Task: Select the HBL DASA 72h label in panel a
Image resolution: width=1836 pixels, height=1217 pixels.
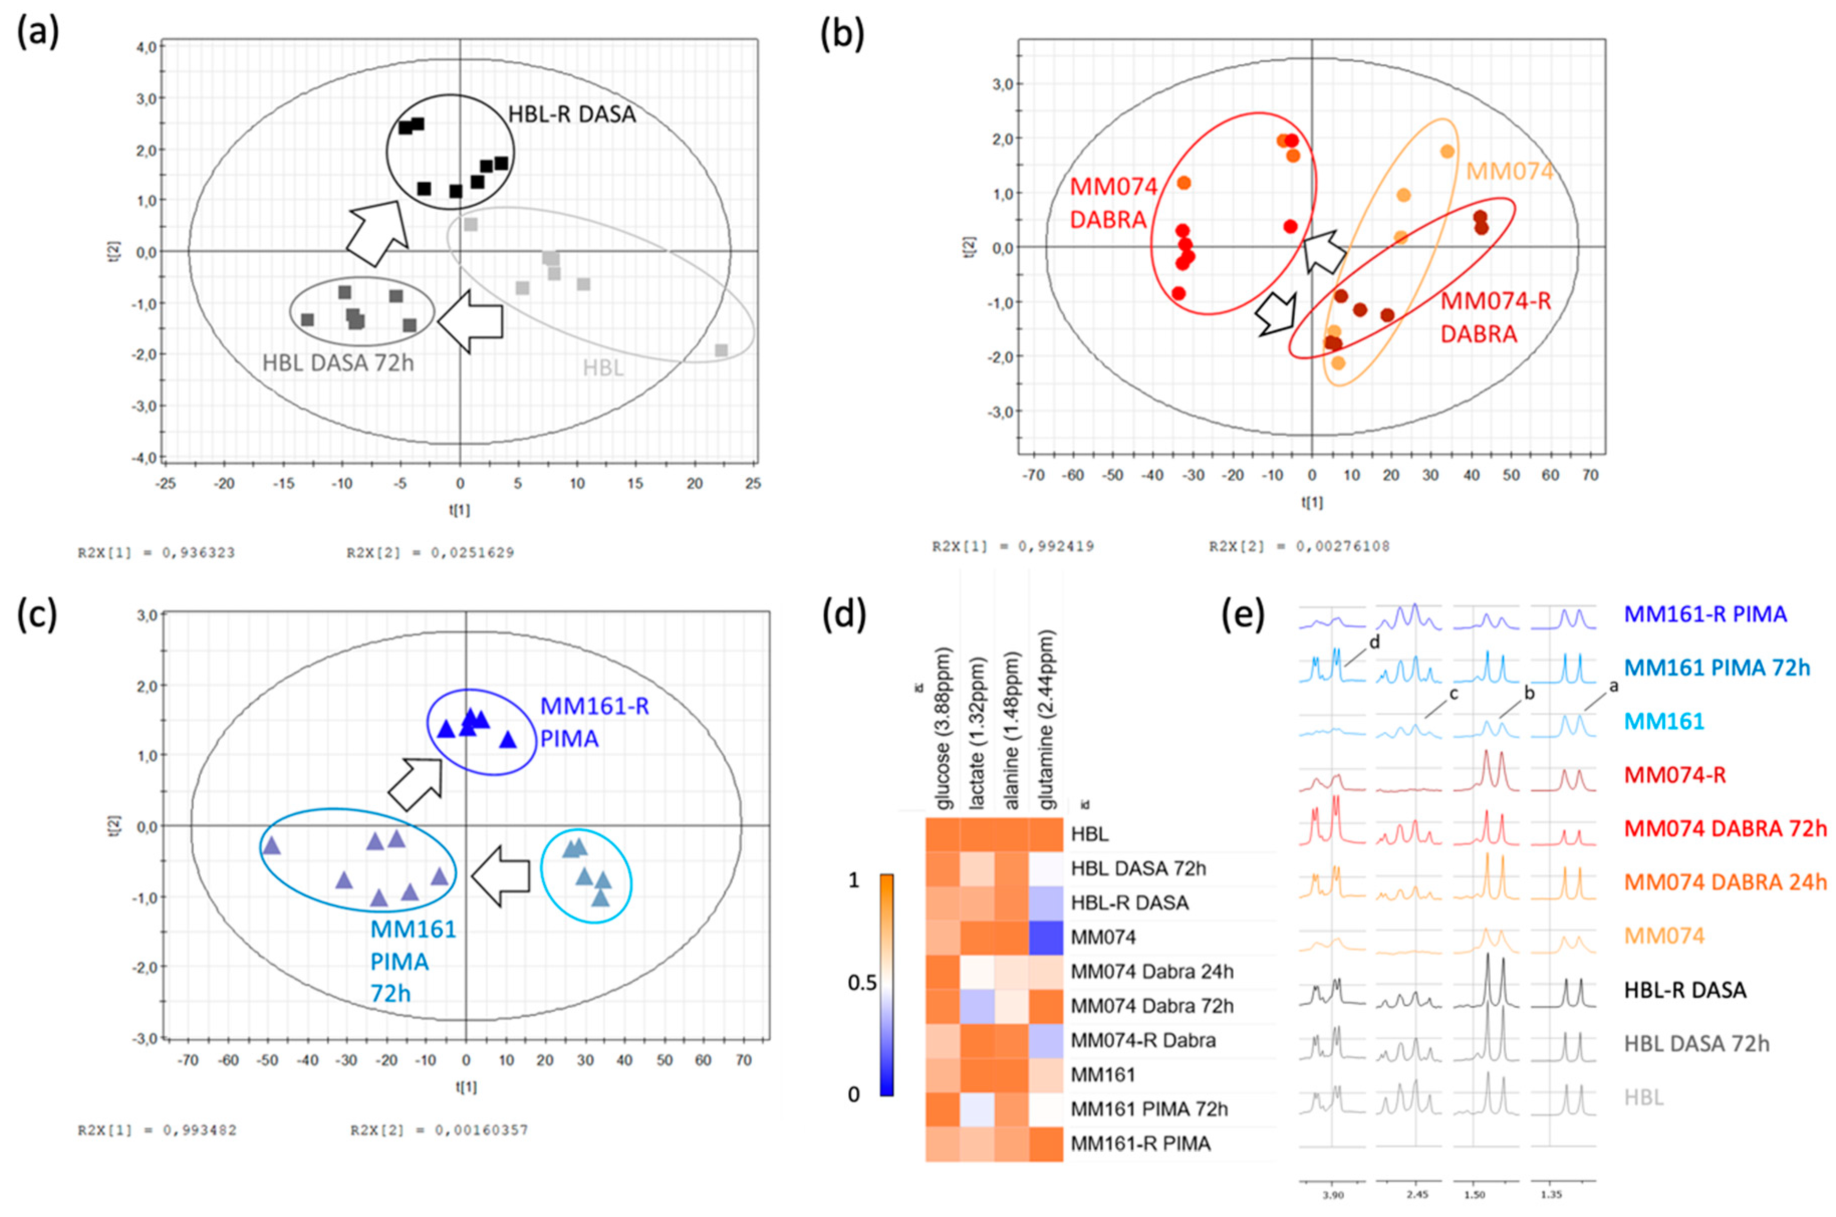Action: tap(338, 362)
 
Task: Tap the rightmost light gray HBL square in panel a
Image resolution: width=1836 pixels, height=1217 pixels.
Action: tap(721, 350)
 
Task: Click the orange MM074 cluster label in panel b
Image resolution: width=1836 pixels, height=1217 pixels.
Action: tap(1509, 171)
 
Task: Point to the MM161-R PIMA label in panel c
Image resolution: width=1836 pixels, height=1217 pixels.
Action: tap(594, 722)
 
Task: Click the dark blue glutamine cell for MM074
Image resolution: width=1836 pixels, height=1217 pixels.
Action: tap(1045, 937)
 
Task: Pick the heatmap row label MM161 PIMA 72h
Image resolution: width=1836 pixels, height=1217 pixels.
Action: tap(1148, 1109)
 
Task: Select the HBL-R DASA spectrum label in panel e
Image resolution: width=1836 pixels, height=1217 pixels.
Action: tap(1685, 990)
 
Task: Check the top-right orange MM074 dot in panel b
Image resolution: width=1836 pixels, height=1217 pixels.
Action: tap(1447, 152)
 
